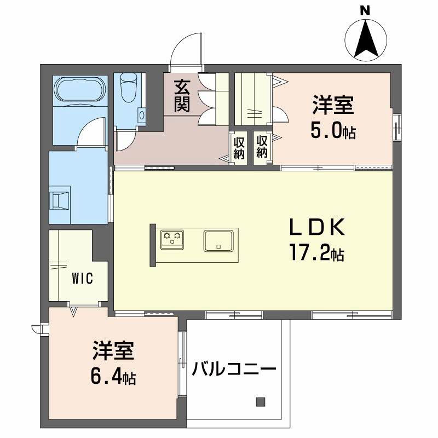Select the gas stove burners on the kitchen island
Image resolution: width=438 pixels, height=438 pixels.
point(172,239)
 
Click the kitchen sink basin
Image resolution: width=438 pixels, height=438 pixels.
point(218,240)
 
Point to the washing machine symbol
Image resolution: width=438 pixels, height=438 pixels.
point(59,200)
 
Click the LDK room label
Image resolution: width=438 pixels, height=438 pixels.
point(317,227)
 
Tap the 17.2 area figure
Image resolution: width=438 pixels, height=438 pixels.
point(316,252)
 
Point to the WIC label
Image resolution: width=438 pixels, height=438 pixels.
point(83,279)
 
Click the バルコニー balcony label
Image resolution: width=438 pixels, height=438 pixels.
point(234,369)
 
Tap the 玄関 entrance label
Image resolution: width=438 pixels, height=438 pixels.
point(182,96)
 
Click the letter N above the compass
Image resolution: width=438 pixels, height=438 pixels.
point(365,10)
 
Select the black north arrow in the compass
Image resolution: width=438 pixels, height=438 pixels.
point(366,39)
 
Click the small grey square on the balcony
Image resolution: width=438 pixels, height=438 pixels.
point(261,402)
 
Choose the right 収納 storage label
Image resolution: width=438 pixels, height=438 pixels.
point(262,147)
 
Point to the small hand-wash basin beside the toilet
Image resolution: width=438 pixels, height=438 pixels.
point(142,115)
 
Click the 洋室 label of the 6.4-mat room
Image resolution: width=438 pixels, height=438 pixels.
point(113,350)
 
